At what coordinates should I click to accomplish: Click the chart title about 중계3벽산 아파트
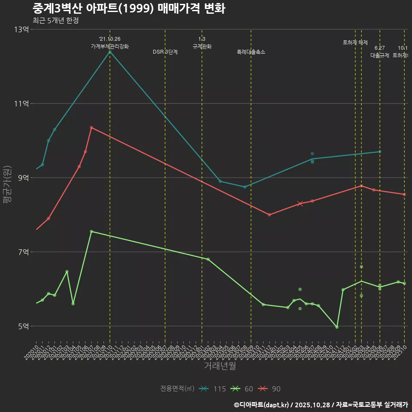coord(129,9)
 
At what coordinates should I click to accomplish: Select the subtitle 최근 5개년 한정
coord(55,21)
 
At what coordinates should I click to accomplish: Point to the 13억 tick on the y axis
coord(21,30)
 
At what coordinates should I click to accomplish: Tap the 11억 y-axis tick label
coord(21,103)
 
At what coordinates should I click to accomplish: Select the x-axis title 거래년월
coord(220,366)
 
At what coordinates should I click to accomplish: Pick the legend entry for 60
coord(242,389)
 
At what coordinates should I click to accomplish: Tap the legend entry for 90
coord(269,389)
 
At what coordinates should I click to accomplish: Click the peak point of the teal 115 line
coord(110,52)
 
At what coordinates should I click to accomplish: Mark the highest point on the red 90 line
coord(91,127)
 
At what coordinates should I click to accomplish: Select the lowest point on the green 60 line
coord(337,327)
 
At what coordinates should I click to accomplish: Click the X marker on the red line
coord(300,203)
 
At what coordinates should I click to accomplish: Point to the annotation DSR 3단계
coord(165,52)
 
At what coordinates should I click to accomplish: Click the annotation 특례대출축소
coord(251,52)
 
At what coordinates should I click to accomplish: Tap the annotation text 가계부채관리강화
coord(110,46)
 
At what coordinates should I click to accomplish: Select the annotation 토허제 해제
coord(355,42)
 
